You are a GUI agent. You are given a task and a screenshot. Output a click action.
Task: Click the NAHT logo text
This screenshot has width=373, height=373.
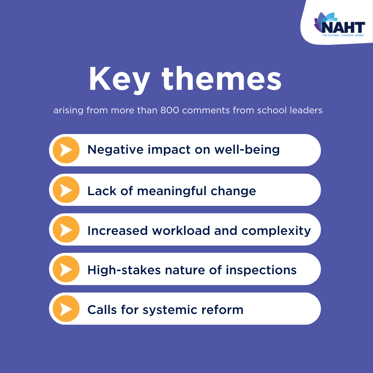(343, 27)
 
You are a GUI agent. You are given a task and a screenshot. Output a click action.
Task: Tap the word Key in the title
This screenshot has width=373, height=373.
(119, 80)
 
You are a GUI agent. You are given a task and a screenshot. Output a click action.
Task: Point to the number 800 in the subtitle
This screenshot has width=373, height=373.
(170, 111)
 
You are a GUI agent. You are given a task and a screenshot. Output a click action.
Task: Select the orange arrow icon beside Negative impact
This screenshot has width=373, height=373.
(66, 150)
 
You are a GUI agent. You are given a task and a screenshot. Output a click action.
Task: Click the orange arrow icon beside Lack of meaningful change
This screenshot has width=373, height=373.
(66, 190)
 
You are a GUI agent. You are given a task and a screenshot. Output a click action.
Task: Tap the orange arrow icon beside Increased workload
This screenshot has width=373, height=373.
(66, 229)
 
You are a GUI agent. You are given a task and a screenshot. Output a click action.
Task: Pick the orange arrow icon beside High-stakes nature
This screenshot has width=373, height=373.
(66, 269)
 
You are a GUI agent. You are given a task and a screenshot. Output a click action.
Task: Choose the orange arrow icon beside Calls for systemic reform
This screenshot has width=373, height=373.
(66, 308)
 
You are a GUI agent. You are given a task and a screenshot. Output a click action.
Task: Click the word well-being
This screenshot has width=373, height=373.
(247, 150)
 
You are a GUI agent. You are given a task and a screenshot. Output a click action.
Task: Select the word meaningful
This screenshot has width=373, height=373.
(172, 191)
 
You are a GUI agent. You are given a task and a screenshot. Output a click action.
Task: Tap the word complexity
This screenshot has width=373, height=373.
(276, 231)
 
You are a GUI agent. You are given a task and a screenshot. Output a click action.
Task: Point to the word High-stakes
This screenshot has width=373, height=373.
(124, 270)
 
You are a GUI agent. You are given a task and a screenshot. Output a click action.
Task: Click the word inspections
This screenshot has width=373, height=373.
(261, 270)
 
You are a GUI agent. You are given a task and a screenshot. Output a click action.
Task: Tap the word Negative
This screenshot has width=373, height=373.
(116, 150)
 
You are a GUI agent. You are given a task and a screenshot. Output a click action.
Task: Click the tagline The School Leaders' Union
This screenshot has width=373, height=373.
(343, 35)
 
